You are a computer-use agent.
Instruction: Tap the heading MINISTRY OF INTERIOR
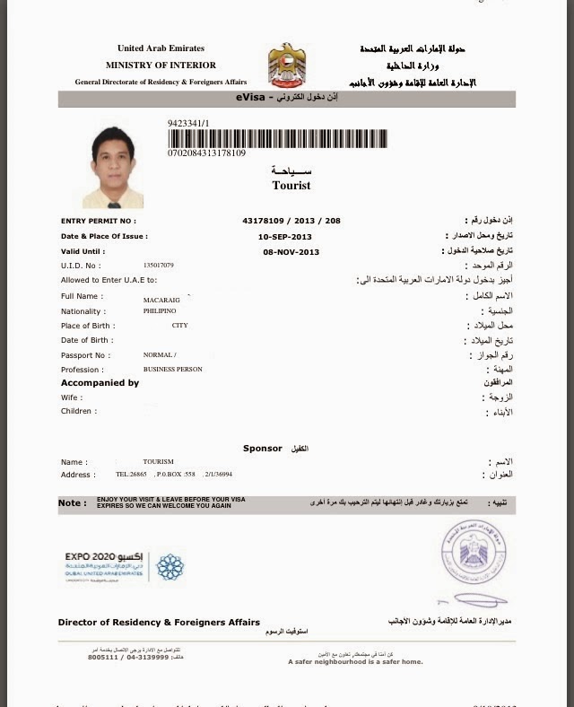161,65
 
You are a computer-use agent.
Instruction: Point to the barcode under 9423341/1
277,138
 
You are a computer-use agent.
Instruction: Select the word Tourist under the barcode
291,186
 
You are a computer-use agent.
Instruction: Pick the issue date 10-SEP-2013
291,236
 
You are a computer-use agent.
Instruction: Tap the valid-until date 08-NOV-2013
291,252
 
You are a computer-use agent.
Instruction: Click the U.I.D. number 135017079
159,266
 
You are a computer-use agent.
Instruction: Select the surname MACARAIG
161,301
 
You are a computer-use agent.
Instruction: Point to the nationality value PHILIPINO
160,310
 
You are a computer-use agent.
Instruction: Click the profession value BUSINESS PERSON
172,369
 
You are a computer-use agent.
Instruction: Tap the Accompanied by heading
100,383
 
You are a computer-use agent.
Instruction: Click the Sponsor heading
262,448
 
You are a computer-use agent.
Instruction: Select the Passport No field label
85,355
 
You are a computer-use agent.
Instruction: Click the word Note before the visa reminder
73,503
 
